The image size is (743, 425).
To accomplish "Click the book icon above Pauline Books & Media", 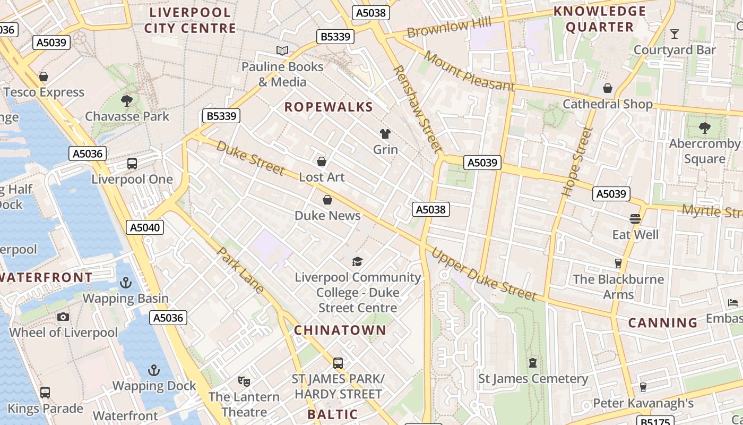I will point(282,51).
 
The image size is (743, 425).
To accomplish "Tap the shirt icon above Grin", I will point(385,134).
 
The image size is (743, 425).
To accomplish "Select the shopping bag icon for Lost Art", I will point(321,161).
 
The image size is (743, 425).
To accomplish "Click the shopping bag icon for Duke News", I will point(327,200).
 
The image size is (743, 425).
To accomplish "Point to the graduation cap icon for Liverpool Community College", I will point(358,261).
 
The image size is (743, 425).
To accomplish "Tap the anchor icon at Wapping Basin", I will point(126,283).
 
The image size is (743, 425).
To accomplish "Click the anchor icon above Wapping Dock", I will point(154,370).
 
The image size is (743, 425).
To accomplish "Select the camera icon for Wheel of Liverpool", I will point(63,317).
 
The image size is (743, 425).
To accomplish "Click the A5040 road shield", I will point(145,228).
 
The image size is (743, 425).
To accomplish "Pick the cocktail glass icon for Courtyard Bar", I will point(675,34).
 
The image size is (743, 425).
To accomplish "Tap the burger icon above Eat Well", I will point(635,219).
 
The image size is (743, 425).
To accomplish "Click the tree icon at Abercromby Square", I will point(704,128).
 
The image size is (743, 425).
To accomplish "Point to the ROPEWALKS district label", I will point(329,107).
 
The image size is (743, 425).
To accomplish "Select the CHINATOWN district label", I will point(340,330).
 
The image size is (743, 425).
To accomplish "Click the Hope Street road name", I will point(576,161).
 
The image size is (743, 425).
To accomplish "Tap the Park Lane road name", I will point(241,270).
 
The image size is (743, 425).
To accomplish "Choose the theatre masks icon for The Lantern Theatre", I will point(244,381).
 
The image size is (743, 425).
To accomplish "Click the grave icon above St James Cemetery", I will point(533,363).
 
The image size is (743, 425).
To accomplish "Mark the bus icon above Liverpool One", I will point(132,164).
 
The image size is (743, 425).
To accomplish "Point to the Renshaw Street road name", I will point(417,109).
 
